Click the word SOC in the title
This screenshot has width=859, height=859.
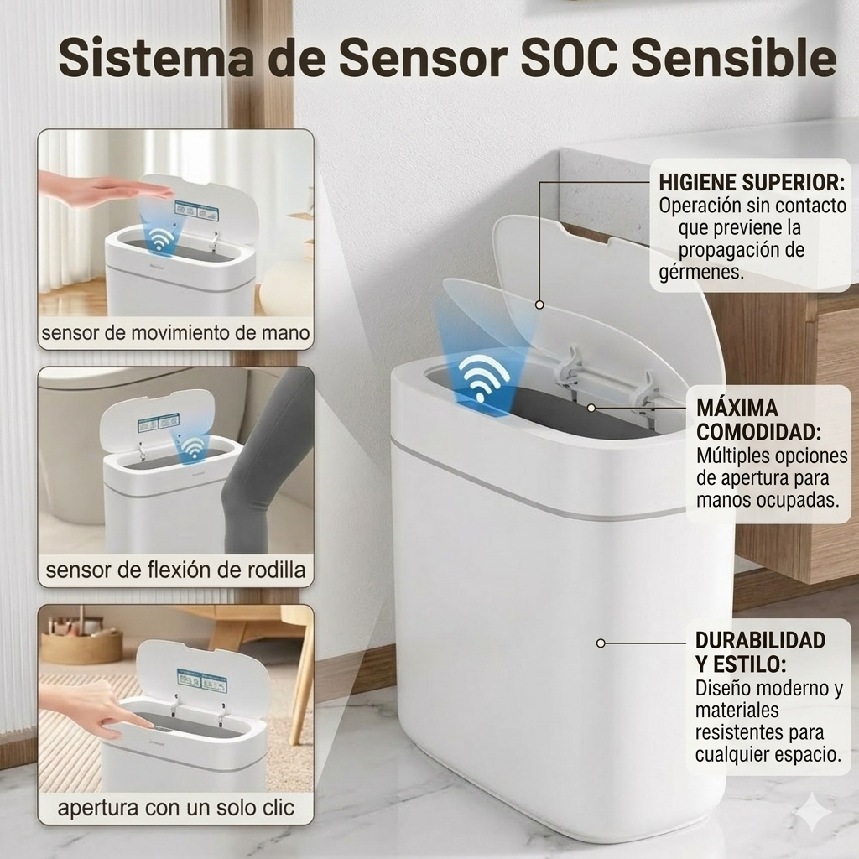point(569,58)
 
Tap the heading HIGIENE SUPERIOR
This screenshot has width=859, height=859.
point(752,182)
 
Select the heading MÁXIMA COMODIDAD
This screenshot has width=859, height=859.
point(758,420)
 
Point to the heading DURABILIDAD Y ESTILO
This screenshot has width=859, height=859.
point(760,652)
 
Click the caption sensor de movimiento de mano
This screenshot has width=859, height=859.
point(175,332)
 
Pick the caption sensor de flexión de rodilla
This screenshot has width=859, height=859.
point(175,570)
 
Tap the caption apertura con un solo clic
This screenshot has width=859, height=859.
point(176,808)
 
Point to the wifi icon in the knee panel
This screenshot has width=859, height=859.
point(192,446)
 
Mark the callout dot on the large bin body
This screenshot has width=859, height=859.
point(601,643)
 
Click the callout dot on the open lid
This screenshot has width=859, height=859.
point(539,305)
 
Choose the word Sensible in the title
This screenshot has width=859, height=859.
point(734,58)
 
